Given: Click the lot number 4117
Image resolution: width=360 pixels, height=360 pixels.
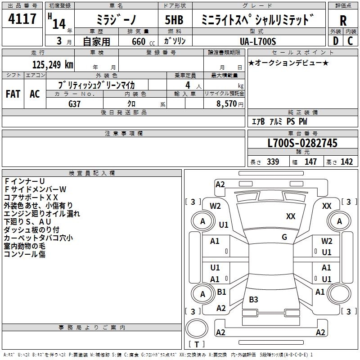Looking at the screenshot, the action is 22,19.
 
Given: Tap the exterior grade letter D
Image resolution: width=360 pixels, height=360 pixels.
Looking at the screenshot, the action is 335,40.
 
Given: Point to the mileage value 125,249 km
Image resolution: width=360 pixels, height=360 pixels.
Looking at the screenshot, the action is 53,64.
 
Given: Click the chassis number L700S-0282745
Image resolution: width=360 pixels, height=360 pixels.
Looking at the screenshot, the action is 302,144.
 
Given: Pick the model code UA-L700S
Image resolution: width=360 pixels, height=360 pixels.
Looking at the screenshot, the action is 258,41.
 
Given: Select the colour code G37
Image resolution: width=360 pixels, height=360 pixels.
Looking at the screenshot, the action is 75,103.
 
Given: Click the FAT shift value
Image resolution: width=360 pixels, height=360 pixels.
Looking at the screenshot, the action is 13,94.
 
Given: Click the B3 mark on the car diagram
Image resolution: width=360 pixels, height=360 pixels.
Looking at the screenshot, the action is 254,299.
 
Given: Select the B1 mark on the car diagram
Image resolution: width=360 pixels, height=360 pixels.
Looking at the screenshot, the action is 221,292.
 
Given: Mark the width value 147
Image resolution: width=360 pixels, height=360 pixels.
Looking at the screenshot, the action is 310,162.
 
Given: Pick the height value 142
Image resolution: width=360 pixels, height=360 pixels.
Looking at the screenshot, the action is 346,162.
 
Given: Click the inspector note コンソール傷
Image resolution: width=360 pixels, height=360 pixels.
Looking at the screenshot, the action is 25,254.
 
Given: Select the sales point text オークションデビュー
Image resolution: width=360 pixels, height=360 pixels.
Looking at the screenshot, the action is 289,63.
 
